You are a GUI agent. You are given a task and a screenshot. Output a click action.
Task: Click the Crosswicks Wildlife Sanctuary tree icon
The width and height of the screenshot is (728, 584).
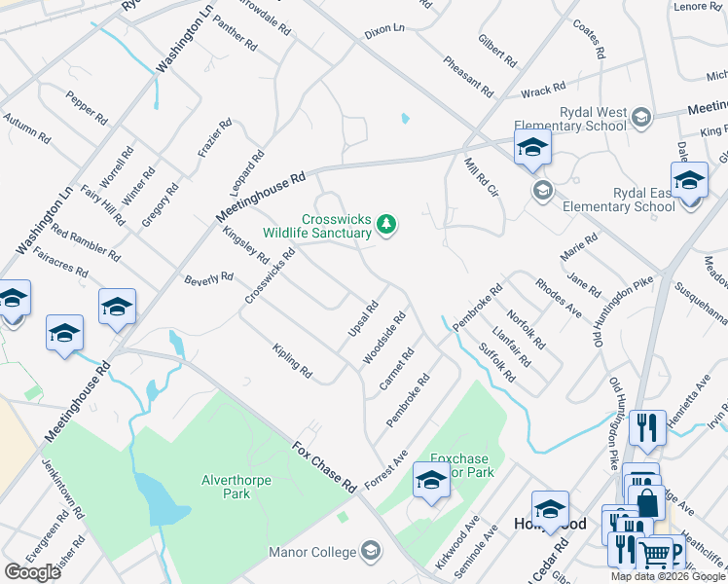387,225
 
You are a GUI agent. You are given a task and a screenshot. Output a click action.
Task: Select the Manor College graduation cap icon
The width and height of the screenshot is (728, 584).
370,552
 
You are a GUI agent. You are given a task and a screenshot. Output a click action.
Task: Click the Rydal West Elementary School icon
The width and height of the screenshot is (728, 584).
640,119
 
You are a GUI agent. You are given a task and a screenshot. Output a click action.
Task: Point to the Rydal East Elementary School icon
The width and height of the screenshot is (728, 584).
542,189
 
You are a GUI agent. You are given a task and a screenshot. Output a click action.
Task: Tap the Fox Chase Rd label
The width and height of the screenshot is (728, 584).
325,466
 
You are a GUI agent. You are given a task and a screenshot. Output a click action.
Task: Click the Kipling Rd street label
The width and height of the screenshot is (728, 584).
292,361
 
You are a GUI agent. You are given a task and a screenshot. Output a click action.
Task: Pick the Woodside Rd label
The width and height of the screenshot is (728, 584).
384,338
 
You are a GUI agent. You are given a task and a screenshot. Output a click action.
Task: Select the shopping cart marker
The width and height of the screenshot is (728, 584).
656,555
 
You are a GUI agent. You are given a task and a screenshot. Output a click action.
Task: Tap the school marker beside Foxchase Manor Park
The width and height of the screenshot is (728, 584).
431,480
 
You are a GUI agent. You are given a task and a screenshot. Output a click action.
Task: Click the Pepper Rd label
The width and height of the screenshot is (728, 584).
87,106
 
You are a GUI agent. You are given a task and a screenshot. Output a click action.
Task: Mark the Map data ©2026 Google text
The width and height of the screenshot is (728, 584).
667,576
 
